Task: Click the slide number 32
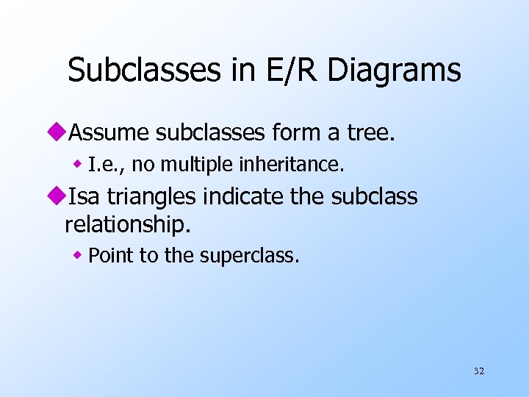[x=479, y=371]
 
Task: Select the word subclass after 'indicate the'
[x=375, y=197]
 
